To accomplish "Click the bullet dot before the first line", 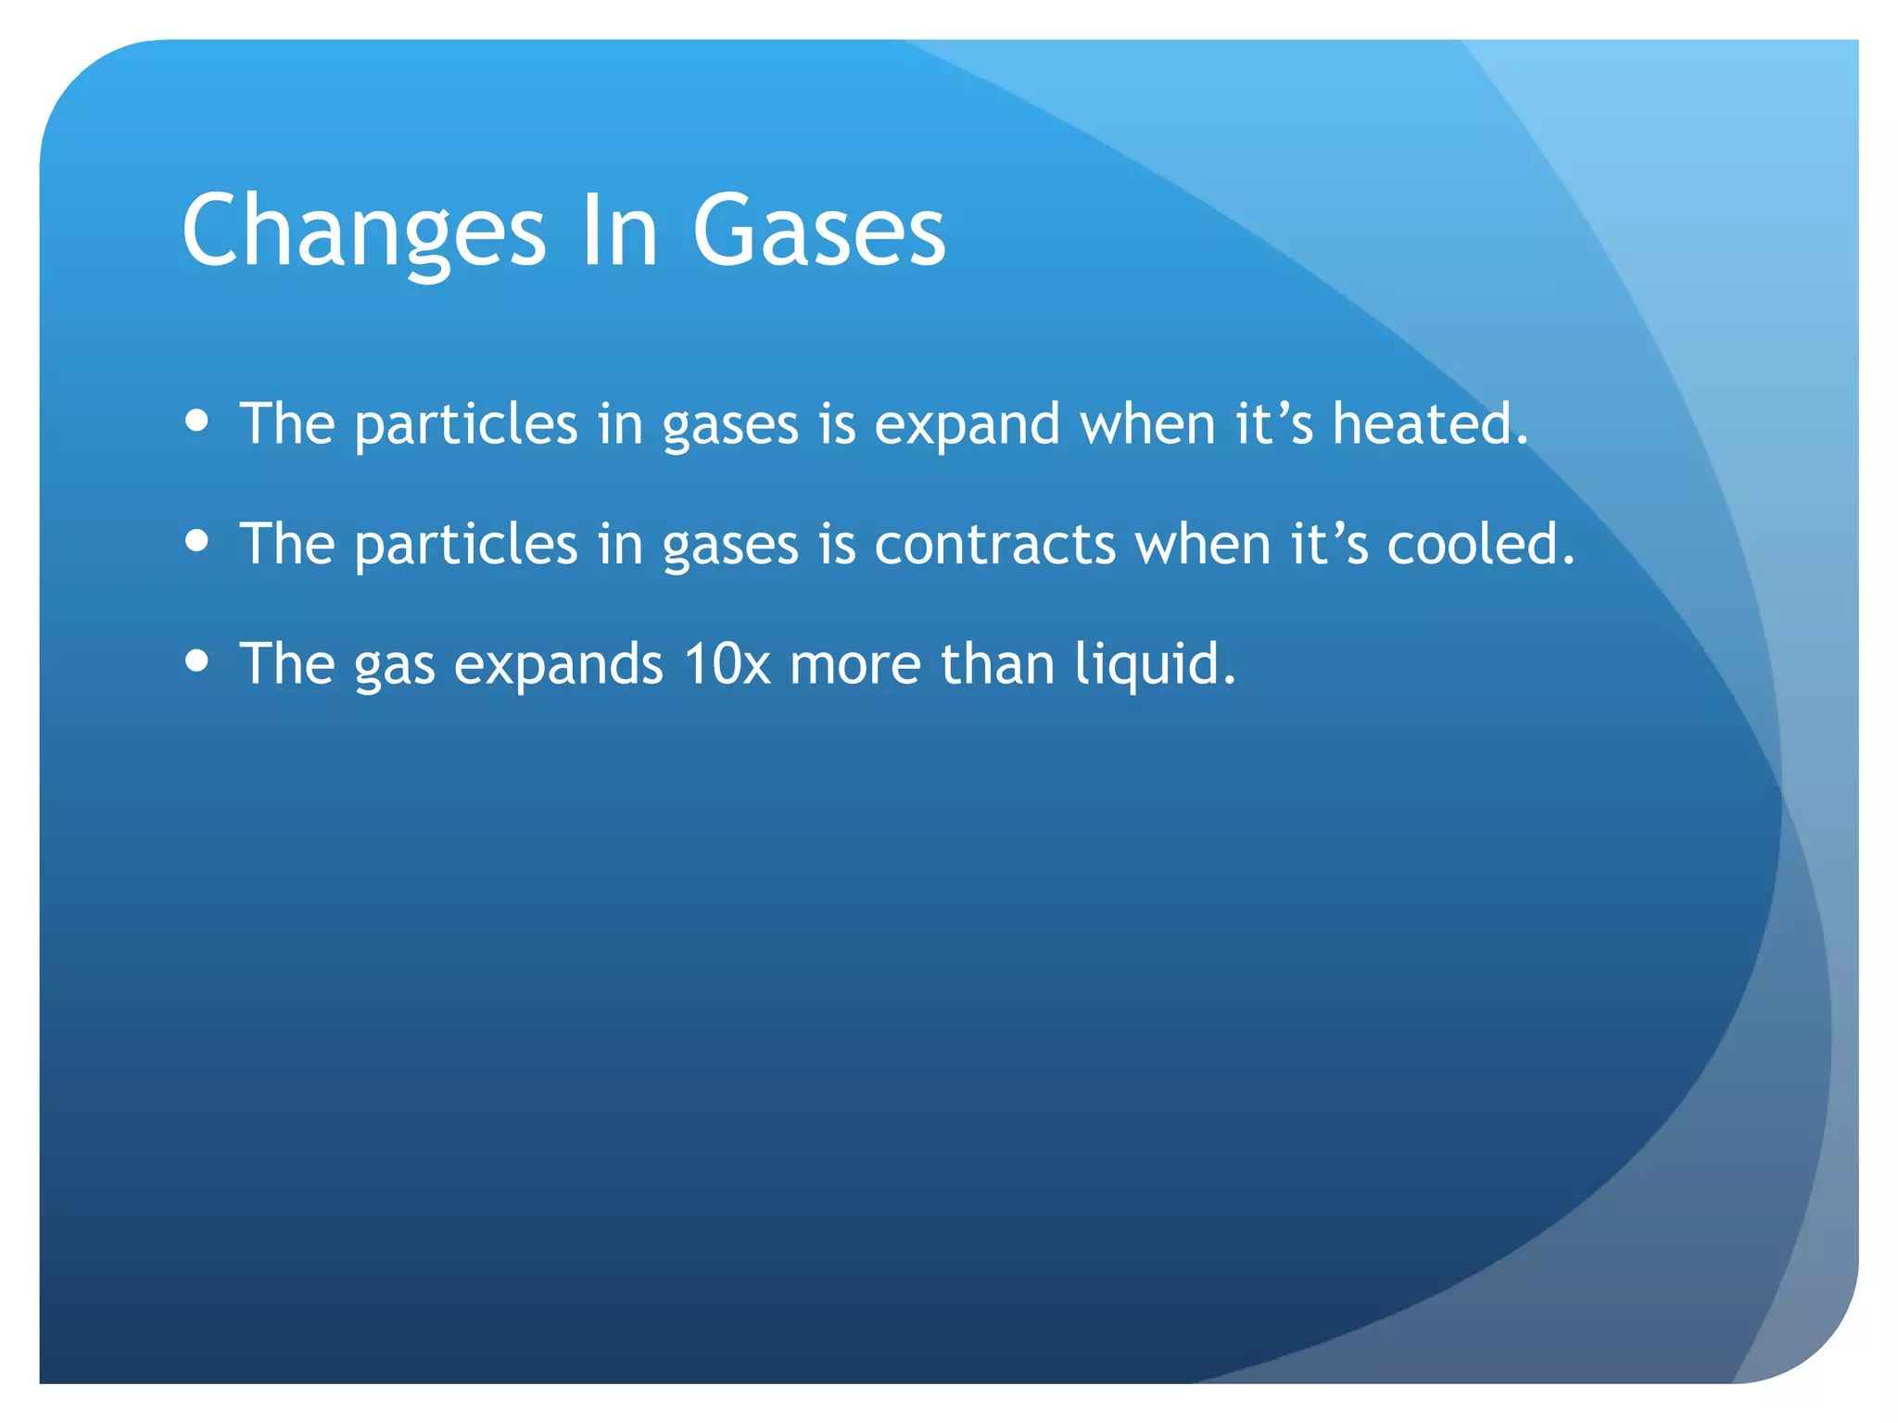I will (196, 422).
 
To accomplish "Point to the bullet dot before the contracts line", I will (196, 540).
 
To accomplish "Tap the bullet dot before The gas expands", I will (196, 661).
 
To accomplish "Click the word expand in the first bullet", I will (967, 425).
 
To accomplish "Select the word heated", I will (1428, 423).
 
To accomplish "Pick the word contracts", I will (994, 544).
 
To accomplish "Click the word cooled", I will (1480, 544).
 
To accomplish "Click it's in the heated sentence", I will (1274, 423).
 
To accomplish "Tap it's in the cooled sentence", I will (1329, 544).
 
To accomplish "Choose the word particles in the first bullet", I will (466, 425).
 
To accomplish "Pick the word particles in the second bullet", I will (466, 546).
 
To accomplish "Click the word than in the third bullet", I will (997, 664).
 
